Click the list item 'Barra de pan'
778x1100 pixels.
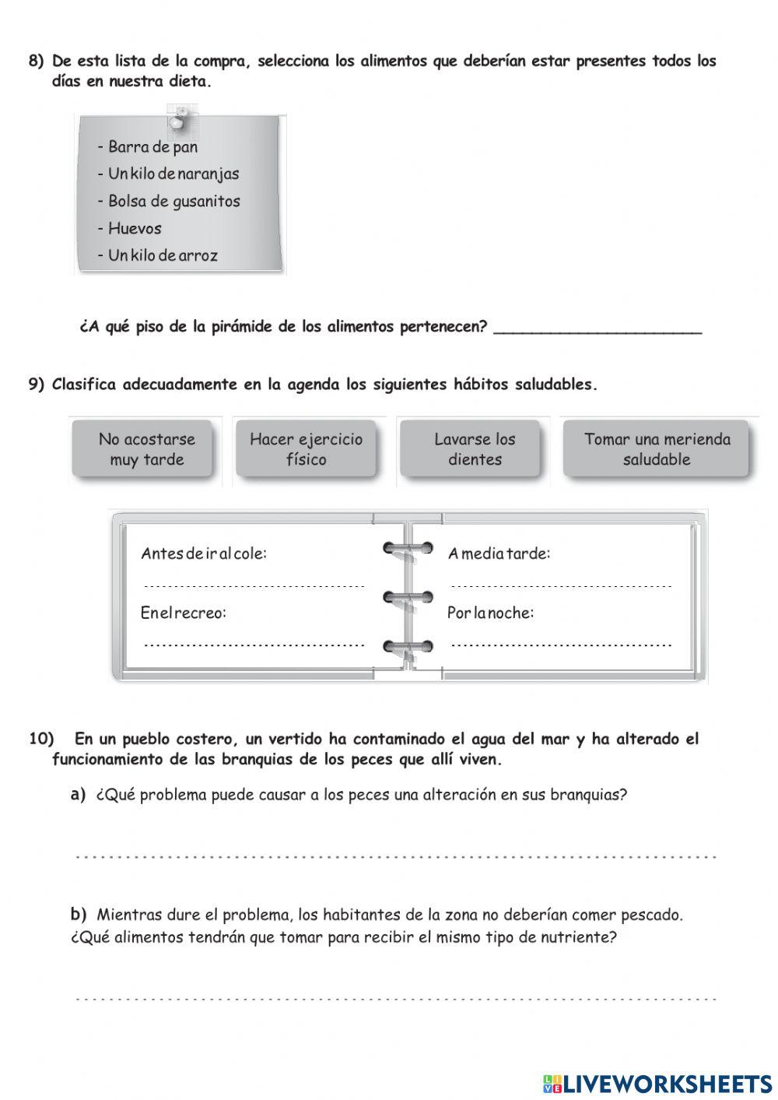click(152, 147)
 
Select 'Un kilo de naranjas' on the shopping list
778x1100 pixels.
click(173, 174)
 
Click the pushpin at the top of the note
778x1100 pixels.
click(178, 121)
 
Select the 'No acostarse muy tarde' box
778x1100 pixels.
click(146, 449)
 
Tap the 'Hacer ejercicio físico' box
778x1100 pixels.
click(306, 449)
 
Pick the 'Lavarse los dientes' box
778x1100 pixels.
click(475, 449)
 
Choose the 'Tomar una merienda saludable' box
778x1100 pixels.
click(657, 449)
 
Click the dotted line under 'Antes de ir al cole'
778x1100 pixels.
click(254, 585)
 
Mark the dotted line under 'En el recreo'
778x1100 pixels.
click(254, 645)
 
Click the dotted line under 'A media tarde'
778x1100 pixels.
click(560, 585)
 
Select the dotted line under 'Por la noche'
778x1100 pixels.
click(560, 645)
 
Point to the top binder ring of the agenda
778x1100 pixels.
click(408, 550)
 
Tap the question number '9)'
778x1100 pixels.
click(37, 385)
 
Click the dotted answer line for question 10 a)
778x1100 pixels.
click(395, 857)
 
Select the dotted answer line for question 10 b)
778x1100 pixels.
click(395, 998)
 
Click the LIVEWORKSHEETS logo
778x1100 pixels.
click(657, 1083)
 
